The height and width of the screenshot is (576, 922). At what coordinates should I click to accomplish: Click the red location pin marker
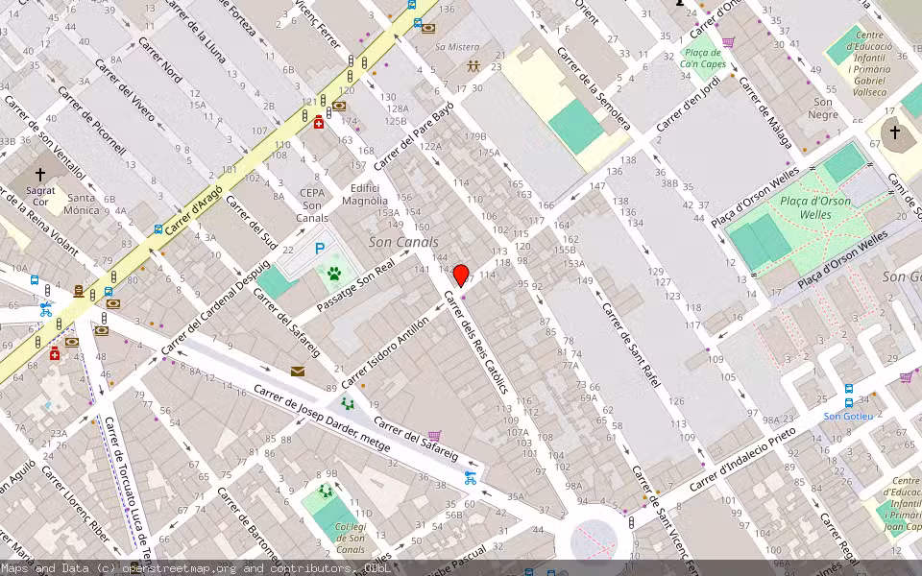point(461,276)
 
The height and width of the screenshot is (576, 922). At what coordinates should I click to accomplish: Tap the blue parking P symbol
point(320,249)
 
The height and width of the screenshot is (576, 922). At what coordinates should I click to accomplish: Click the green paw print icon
point(334,274)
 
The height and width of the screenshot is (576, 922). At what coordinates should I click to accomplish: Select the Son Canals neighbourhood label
point(403,242)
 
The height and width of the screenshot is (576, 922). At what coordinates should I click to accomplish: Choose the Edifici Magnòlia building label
point(370,195)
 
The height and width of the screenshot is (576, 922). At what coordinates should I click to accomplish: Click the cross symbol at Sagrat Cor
point(40,175)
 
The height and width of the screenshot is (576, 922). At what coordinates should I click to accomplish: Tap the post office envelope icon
point(298,371)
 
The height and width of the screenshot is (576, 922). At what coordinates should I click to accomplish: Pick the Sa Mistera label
point(457,47)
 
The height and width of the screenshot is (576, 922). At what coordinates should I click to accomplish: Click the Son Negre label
point(823,108)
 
